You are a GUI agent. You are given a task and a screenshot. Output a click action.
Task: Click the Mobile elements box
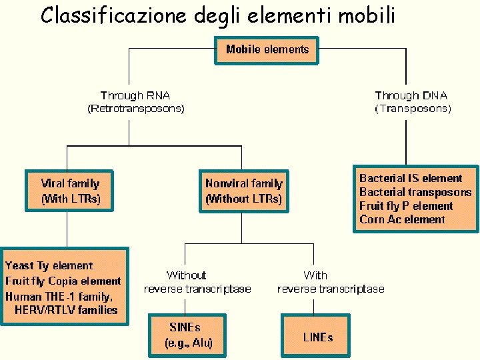267,49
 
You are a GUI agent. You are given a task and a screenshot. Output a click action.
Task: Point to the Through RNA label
135,95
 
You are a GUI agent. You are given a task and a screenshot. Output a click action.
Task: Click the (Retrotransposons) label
136,108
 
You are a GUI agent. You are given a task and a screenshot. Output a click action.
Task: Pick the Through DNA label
411,95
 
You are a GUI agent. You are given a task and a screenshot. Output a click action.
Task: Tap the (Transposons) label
413,108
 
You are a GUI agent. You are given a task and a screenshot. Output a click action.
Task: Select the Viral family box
70,190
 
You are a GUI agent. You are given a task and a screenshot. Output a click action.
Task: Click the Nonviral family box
243,190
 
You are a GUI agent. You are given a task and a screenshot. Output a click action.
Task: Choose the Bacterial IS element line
411,178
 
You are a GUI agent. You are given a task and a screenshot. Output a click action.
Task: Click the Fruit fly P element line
405,206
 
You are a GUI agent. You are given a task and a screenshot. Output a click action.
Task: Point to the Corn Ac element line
402,219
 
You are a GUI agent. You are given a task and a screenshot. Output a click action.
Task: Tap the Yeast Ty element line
49,265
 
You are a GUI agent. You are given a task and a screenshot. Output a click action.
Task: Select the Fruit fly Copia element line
63,281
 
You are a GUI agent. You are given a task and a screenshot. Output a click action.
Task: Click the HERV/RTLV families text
70,309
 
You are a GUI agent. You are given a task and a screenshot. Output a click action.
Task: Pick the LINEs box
317,337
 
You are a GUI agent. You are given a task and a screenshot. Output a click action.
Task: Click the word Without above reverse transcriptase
186,275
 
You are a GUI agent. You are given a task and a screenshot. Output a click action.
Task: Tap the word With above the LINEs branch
315,275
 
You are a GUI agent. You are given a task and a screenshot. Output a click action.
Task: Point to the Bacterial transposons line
415,192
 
